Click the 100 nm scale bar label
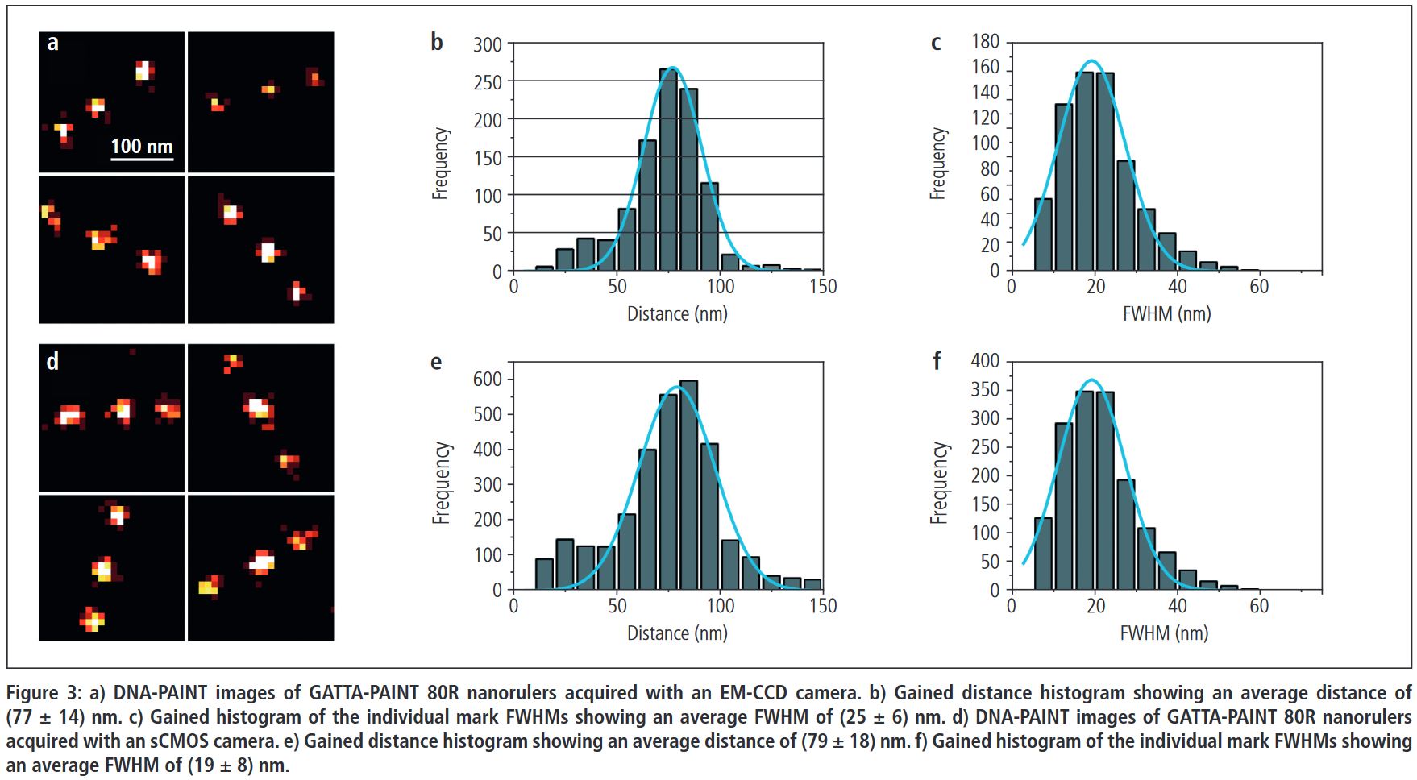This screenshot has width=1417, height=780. tap(141, 146)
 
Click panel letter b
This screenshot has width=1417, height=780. tap(436, 42)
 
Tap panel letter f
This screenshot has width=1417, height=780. tap(936, 361)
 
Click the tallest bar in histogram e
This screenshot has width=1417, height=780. tap(688, 485)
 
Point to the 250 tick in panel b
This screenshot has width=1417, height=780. tap(487, 81)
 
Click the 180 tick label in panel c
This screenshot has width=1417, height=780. tap(985, 41)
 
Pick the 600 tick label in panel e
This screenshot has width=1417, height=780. tap(487, 379)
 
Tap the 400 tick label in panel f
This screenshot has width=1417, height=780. tap(985, 360)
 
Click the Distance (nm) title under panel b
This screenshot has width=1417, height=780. tap(677, 313)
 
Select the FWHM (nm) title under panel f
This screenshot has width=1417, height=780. tap(1164, 633)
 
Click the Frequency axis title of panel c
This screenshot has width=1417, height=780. tap(937, 164)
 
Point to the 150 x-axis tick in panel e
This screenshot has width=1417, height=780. tap(822, 606)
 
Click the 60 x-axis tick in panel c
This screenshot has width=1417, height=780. tap(1258, 286)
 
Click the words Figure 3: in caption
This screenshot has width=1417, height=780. tap(44, 693)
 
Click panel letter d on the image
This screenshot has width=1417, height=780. tap(52, 361)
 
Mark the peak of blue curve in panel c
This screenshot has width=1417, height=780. tap(1091, 61)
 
